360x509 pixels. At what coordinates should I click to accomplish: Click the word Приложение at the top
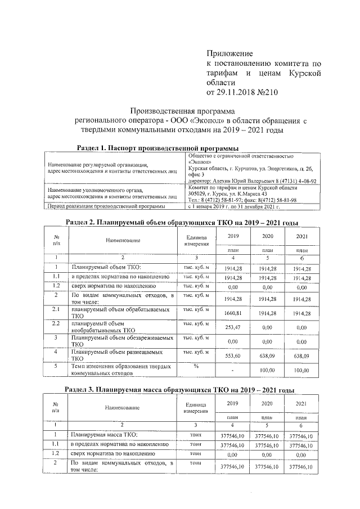click(231, 53)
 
